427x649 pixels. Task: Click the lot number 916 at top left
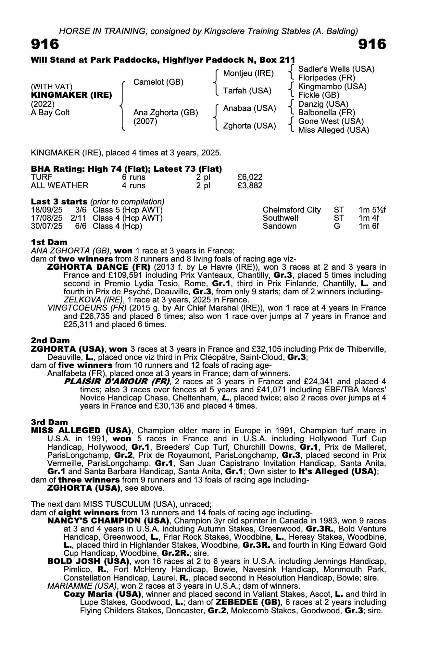[45, 44]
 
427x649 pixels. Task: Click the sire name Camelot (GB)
[158, 82]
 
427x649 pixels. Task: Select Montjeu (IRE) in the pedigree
[248, 73]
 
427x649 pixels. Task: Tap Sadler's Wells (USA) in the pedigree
[336, 69]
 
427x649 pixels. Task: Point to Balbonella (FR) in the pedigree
[326, 113]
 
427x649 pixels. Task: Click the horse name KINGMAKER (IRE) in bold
[71, 95]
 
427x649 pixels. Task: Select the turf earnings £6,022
[250, 177]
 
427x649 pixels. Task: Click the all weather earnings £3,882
[250, 186]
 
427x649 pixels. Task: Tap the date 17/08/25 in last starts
[47, 218]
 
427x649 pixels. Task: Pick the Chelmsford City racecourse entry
[291, 210]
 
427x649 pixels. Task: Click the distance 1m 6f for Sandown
[369, 226]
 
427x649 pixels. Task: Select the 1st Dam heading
[49, 242]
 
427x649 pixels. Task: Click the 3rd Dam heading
[49, 422]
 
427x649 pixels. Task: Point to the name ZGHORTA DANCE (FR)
[99, 267]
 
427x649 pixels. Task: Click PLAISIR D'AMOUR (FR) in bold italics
[117, 381]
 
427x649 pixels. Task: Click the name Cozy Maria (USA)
[102, 594]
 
